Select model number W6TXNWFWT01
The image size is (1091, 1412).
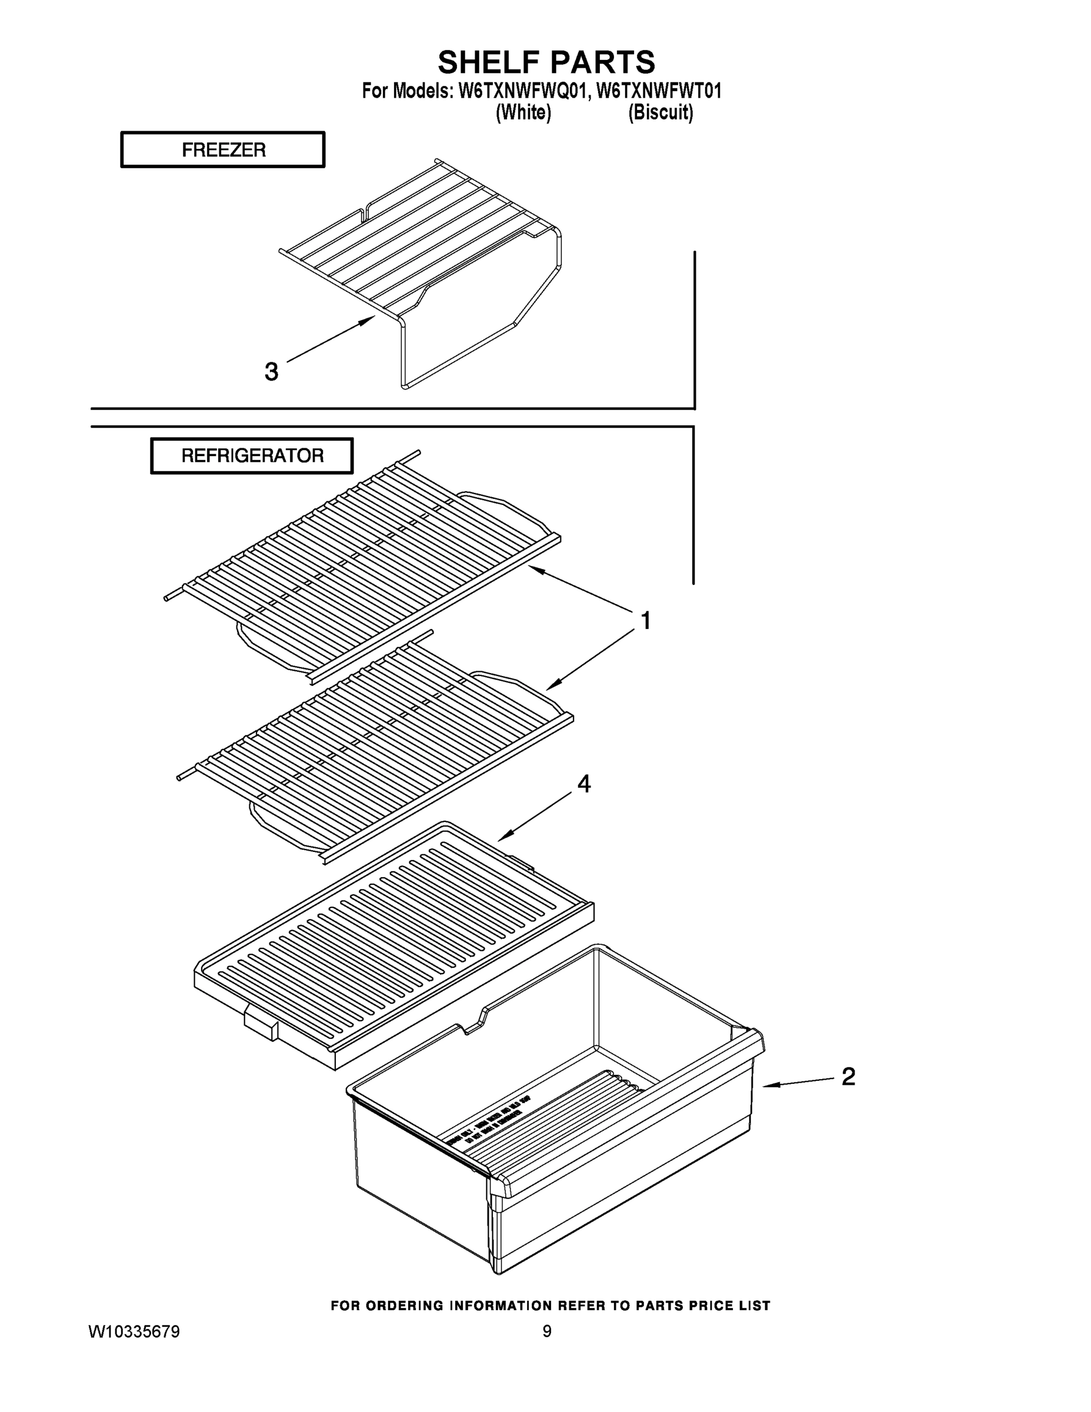point(658,91)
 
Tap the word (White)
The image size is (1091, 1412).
point(523,112)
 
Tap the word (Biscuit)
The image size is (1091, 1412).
point(660,112)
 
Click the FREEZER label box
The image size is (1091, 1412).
point(223,150)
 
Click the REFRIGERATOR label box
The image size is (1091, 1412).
point(252,456)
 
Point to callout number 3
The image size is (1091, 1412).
point(272,372)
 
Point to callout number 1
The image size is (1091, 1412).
point(645,621)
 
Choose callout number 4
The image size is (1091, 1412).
point(583,784)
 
